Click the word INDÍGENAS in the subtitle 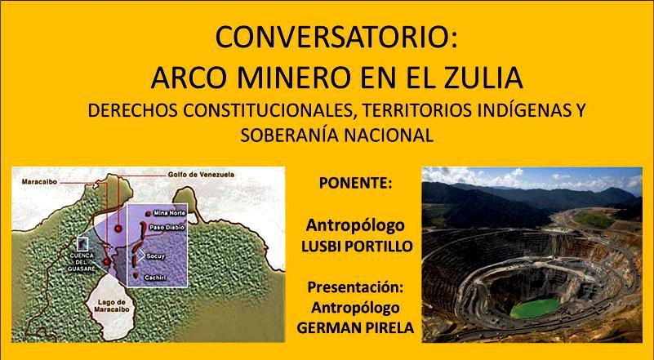509,110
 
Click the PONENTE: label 356,184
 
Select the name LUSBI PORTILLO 357,247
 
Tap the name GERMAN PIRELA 355,327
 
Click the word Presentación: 356,288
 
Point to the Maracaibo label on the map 39,182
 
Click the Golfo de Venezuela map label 201,175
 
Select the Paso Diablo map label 166,229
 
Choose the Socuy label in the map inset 156,256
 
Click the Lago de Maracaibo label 111,306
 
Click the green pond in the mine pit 534,309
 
